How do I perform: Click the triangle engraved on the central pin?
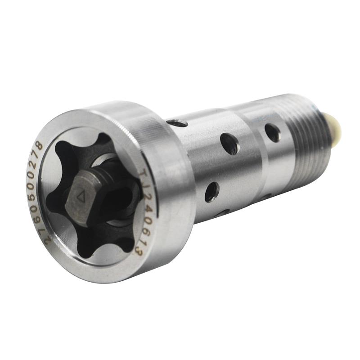click(x=81, y=197)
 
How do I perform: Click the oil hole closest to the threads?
click(x=272, y=132)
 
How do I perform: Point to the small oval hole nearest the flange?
click(x=177, y=122)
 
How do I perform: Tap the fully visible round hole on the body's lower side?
click(x=212, y=192)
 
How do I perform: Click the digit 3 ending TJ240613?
click(x=138, y=251)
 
